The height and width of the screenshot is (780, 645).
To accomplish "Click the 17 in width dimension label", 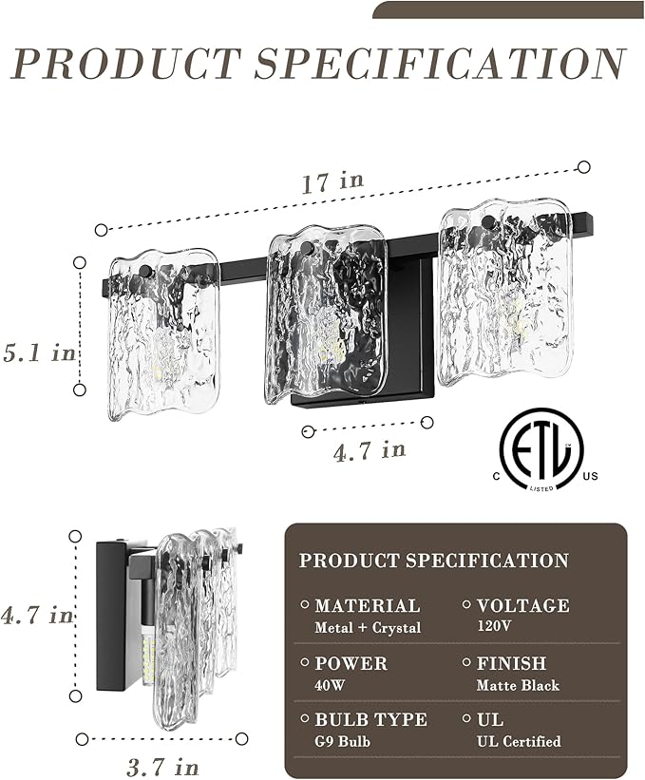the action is click(x=332, y=182).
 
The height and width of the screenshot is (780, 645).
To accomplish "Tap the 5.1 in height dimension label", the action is click(x=39, y=352).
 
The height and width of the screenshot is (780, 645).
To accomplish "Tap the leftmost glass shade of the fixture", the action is click(x=163, y=333).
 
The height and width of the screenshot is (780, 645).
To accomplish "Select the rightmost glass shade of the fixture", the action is click(x=505, y=292).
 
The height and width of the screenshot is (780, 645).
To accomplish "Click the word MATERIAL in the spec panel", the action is click(x=368, y=605).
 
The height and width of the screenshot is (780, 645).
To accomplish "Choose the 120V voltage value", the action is click(x=494, y=626).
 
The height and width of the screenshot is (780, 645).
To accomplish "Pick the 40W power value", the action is click(x=330, y=686).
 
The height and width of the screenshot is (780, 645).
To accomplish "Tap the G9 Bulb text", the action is click(x=342, y=741).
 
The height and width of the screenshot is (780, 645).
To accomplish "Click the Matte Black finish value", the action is click(x=518, y=686).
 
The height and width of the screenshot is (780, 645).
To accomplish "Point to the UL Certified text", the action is click(x=519, y=741).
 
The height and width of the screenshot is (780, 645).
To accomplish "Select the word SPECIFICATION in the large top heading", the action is click(x=440, y=64).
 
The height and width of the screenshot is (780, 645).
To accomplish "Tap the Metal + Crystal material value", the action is click(x=368, y=628).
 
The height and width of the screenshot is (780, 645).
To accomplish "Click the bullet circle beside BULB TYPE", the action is click(x=305, y=718).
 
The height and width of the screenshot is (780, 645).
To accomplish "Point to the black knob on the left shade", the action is click(x=145, y=272).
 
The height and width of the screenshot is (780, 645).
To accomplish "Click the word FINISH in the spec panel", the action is click(x=511, y=663).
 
